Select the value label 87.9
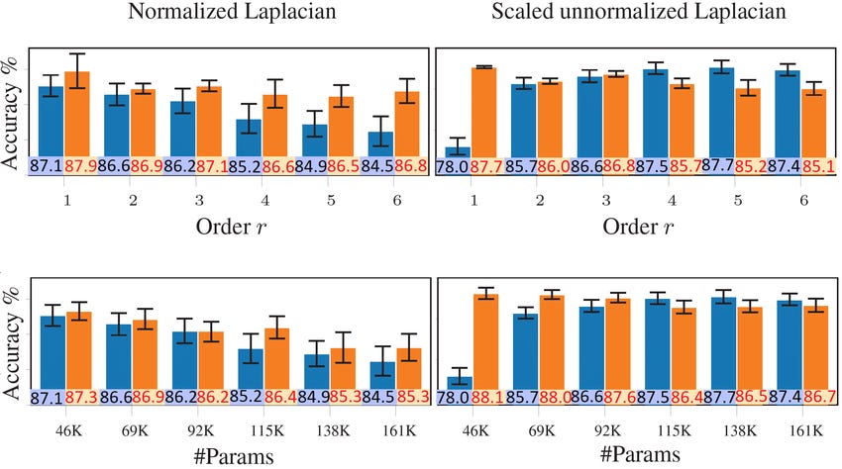tap(79, 167)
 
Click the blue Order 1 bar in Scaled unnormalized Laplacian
tap(458, 151)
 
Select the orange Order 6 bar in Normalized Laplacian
tap(406, 124)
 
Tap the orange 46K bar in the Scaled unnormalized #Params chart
tap(485, 336)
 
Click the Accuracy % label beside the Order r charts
tap(12, 127)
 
